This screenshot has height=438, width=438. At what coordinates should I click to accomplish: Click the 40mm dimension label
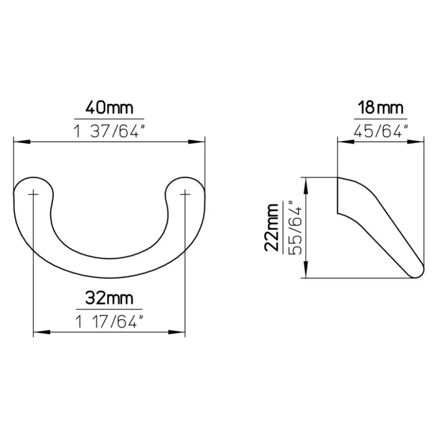(x=109, y=108)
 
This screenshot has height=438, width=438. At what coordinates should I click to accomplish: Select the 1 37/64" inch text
(x=109, y=131)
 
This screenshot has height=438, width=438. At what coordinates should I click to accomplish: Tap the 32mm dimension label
(x=109, y=298)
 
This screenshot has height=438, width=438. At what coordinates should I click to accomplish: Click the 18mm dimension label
(x=380, y=108)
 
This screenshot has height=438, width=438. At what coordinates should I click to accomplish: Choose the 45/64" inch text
(x=380, y=131)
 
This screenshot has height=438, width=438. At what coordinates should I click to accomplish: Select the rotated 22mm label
(x=272, y=227)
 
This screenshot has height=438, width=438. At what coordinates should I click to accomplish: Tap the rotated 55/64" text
(x=295, y=227)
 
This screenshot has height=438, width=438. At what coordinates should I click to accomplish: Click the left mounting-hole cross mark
(x=33, y=194)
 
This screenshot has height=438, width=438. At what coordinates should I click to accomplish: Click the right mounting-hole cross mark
(x=185, y=194)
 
